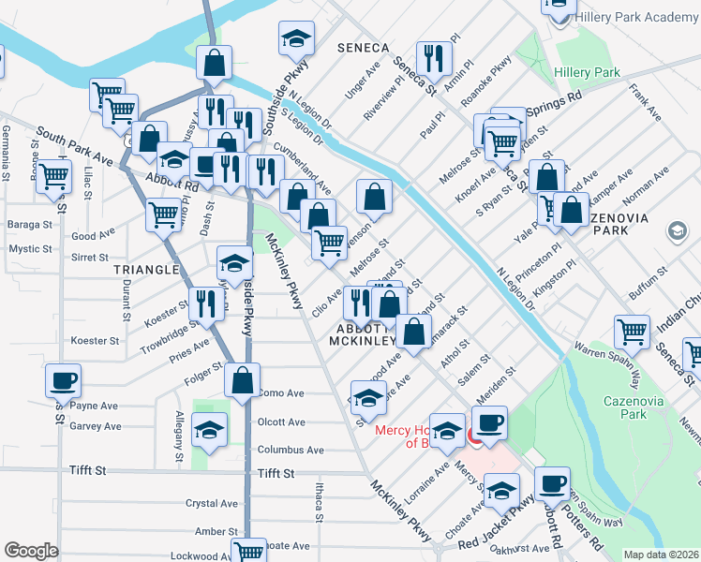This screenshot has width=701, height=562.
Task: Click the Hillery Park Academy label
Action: click(638, 18)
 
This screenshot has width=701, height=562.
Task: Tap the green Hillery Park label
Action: click(588, 72)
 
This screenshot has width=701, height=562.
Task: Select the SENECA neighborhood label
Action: click(364, 48)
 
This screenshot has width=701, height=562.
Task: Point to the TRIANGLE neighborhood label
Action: click(145, 269)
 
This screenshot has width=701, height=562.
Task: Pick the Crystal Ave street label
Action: click(212, 504)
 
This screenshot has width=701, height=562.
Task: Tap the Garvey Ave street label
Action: click(95, 426)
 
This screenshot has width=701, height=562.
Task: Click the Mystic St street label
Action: click(31, 249)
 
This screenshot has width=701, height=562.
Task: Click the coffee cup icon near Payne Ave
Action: click(63, 380)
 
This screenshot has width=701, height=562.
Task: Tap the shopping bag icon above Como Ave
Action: click(243, 382)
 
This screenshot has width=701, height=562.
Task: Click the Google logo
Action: click(30, 551)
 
